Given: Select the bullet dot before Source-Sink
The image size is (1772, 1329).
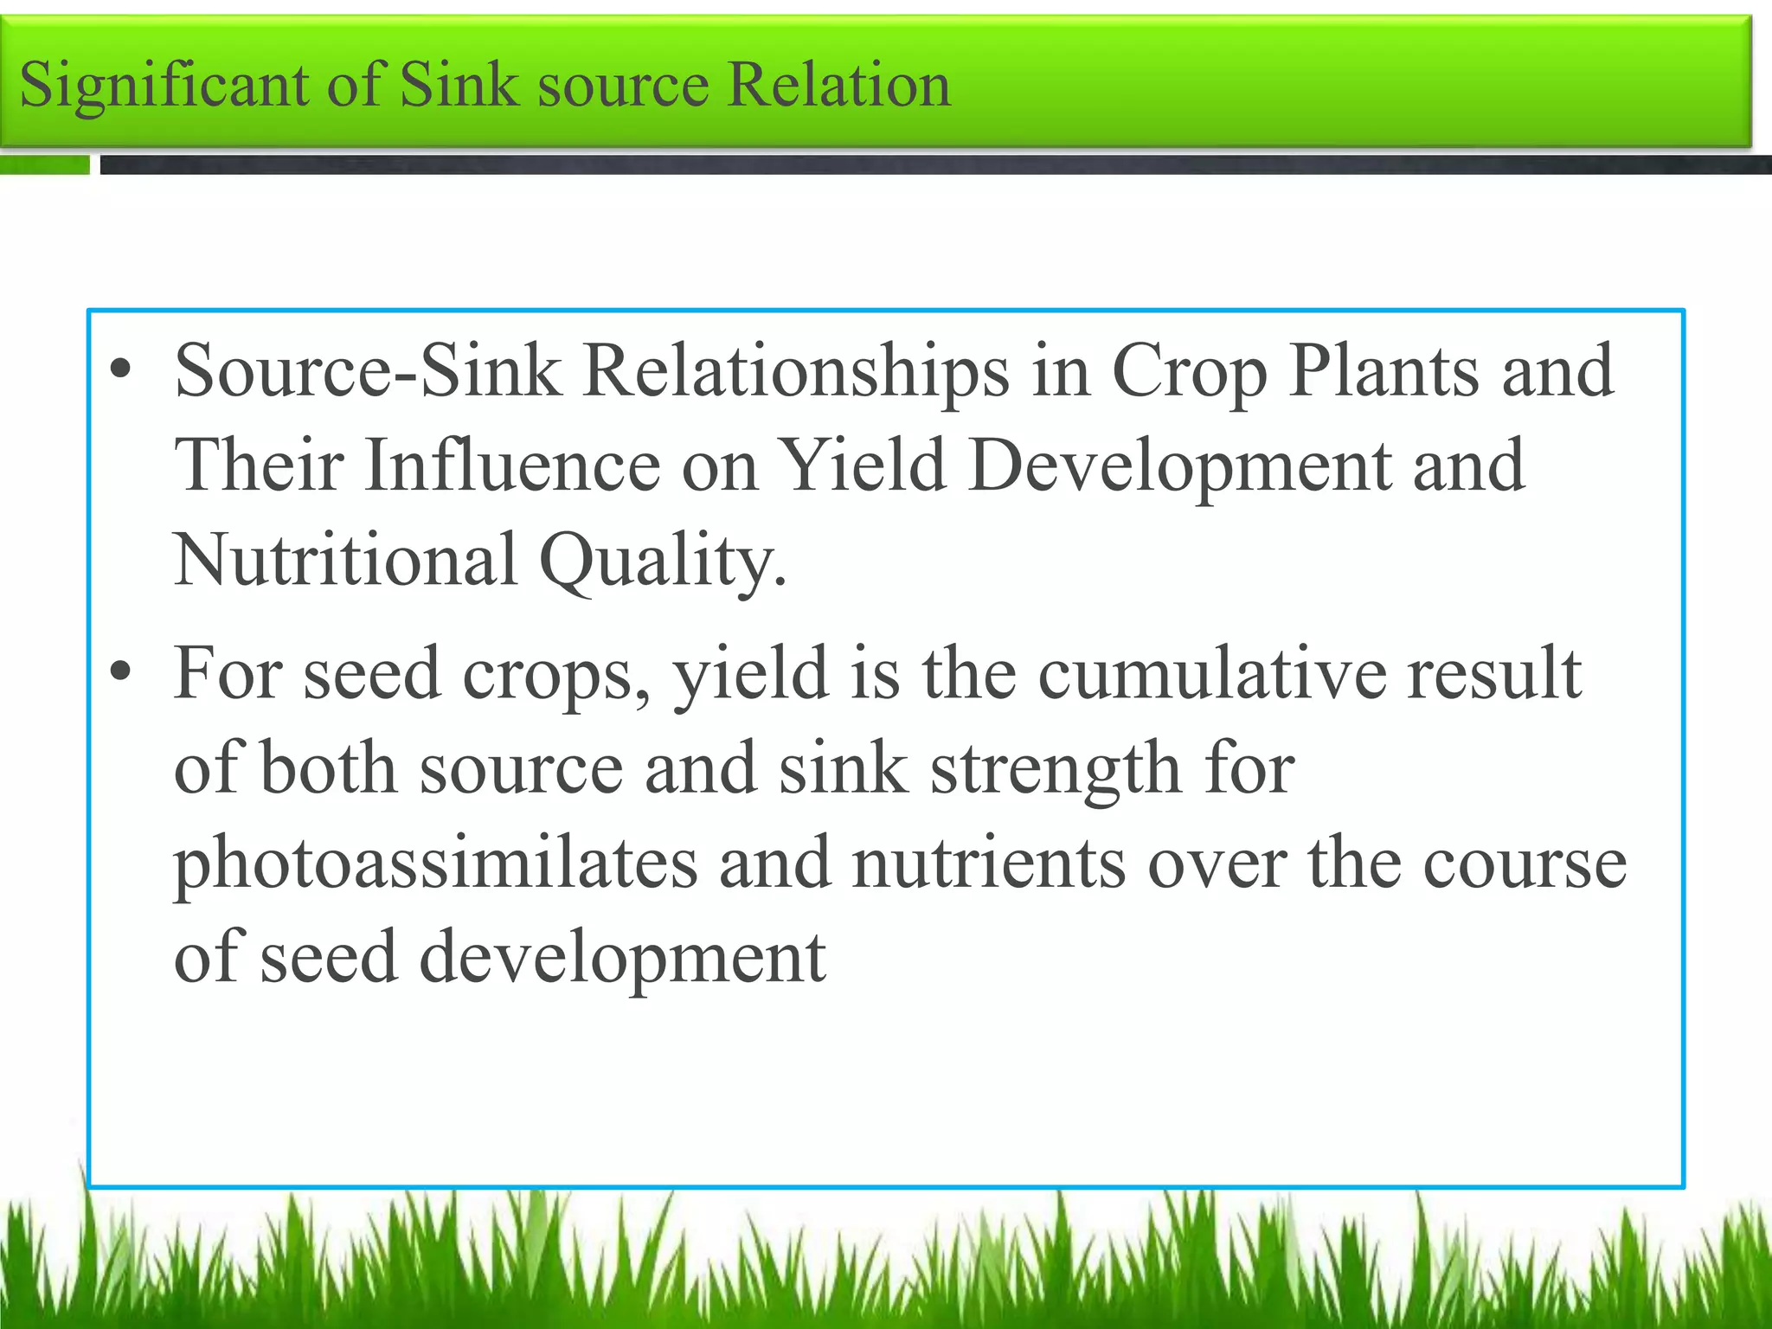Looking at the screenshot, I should pyautogui.click(x=121, y=370).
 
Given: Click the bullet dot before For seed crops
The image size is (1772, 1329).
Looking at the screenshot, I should pyautogui.click(x=121, y=672).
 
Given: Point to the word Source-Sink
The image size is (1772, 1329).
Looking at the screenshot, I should pyautogui.click(x=368, y=371).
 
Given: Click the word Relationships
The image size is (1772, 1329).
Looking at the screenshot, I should pyautogui.click(x=796, y=373).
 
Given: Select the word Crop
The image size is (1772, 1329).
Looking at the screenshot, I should pyautogui.click(x=1189, y=373).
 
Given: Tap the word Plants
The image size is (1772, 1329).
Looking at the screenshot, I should pyautogui.click(x=1384, y=371).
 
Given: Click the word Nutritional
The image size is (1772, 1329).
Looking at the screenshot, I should pyautogui.click(x=346, y=560).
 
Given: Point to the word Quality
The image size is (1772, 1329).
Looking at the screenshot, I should pyautogui.click(x=662, y=562).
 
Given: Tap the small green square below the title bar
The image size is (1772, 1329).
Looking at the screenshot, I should pyautogui.click(x=45, y=164).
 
